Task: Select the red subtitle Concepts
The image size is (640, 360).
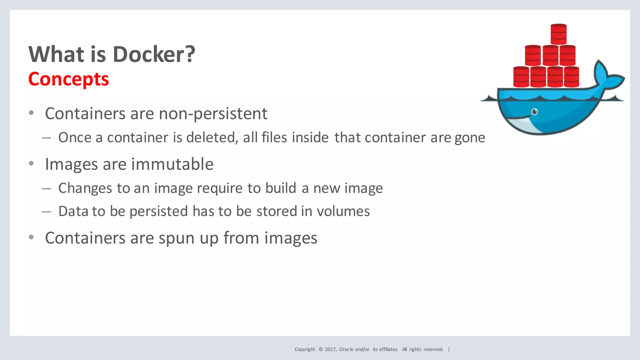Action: click(68, 79)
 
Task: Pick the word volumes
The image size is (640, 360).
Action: click(343, 212)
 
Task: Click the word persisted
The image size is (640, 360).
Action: click(158, 212)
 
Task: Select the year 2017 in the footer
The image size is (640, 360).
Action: click(330, 349)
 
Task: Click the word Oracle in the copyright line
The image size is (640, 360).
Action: click(346, 349)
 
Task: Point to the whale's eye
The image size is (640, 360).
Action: click(535, 112)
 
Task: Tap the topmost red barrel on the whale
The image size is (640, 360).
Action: click(558, 34)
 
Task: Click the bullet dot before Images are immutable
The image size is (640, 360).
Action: click(31, 163)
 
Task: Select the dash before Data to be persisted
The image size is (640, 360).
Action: click(47, 212)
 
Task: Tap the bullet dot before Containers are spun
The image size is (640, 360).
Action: click(31, 237)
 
